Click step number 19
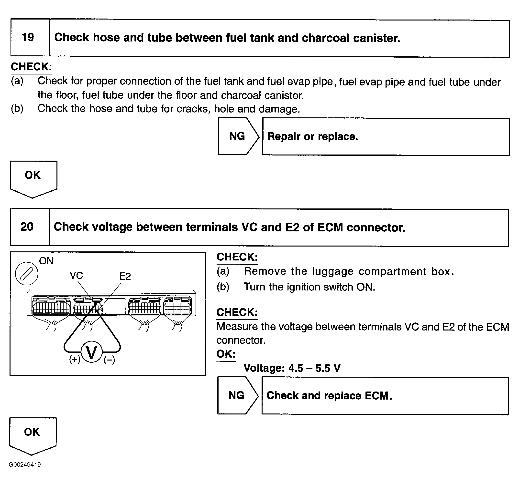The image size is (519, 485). tap(28, 37)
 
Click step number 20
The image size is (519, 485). tap(27, 227)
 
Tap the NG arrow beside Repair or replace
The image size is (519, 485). tap(237, 136)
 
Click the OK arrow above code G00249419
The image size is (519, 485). tap(32, 434)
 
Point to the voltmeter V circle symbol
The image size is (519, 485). tap(91, 353)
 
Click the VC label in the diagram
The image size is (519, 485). tap(76, 276)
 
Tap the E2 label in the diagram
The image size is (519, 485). tap(125, 276)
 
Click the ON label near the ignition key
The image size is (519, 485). tap(46, 261)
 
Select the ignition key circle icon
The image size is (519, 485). tap(27, 274)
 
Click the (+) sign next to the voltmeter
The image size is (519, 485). tap(75, 359)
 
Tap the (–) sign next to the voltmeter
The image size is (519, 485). tap(109, 360)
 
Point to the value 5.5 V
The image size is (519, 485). tap(328, 368)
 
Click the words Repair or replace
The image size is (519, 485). tap(312, 136)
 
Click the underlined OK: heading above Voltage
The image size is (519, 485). tap(226, 354)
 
